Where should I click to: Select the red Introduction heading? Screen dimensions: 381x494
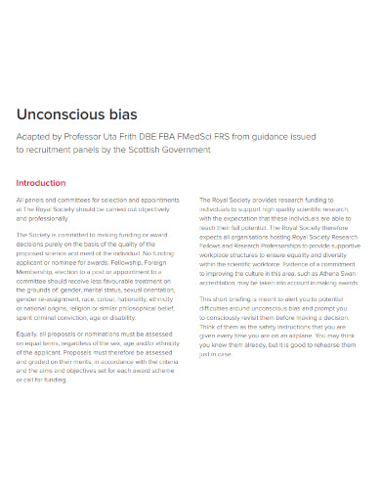[x=40, y=182]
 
